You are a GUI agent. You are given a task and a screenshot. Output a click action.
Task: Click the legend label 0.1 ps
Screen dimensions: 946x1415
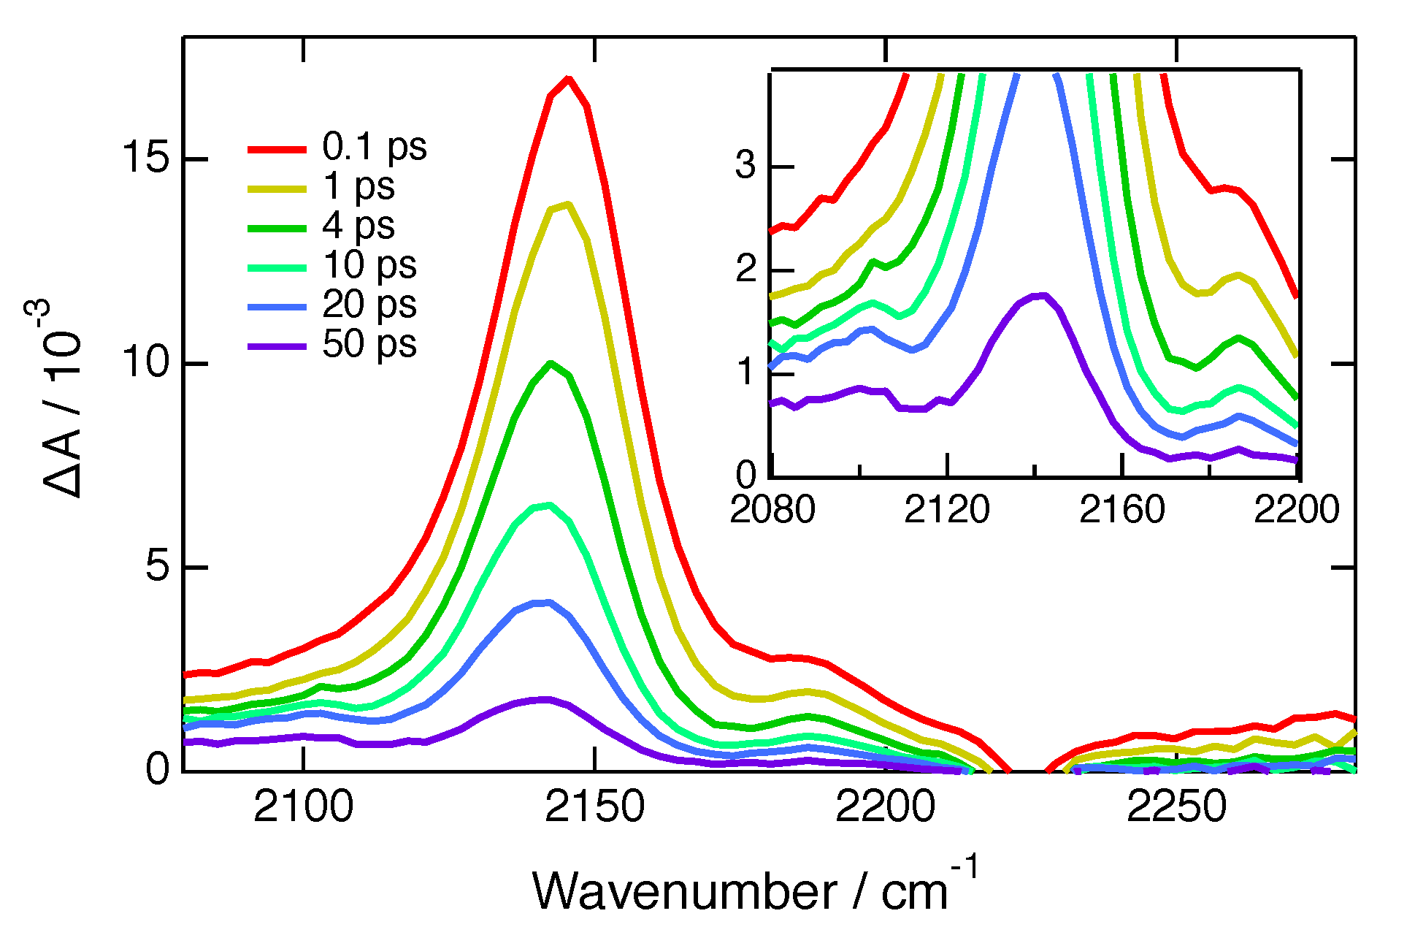(x=374, y=147)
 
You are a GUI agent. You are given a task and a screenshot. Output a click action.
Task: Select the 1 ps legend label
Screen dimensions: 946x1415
(x=358, y=186)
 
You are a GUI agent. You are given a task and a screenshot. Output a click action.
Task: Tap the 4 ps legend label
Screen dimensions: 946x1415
(x=358, y=226)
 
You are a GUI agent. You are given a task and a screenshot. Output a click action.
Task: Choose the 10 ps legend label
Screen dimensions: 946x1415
(x=369, y=265)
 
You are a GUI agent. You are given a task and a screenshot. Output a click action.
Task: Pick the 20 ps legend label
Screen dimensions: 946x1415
(x=369, y=305)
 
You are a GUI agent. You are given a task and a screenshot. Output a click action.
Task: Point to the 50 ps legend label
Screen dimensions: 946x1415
(x=369, y=344)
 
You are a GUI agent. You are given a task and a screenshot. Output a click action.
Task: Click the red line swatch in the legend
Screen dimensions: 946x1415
(x=277, y=149)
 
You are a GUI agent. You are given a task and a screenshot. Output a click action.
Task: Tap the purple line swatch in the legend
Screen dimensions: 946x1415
(x=277, y=346)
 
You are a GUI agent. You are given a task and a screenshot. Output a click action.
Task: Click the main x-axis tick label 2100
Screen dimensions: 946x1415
(x=304, y=807)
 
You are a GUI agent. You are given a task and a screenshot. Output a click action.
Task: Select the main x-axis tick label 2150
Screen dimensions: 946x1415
(x=595, y=807)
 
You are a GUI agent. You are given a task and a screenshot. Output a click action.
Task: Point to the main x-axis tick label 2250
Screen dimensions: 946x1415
(x=1177, y=807)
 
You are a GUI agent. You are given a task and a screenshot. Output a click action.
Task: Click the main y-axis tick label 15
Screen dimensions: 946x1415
(x=147, y=159)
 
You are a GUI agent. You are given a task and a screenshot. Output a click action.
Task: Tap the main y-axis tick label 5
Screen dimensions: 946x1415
(x=157, y=567)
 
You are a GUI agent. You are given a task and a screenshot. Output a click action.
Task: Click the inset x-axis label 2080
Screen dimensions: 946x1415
(x=772, y=509)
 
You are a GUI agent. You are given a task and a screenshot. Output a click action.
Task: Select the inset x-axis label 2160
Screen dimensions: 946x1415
(x=1121, y=509)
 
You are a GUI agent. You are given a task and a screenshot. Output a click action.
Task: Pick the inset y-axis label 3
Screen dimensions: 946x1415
(x=745, y=166)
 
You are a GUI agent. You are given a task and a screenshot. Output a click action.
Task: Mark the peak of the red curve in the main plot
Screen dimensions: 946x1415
(x=568, y=78)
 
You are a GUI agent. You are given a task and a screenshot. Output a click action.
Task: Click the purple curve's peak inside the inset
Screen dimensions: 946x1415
(x=1041, y=295)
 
